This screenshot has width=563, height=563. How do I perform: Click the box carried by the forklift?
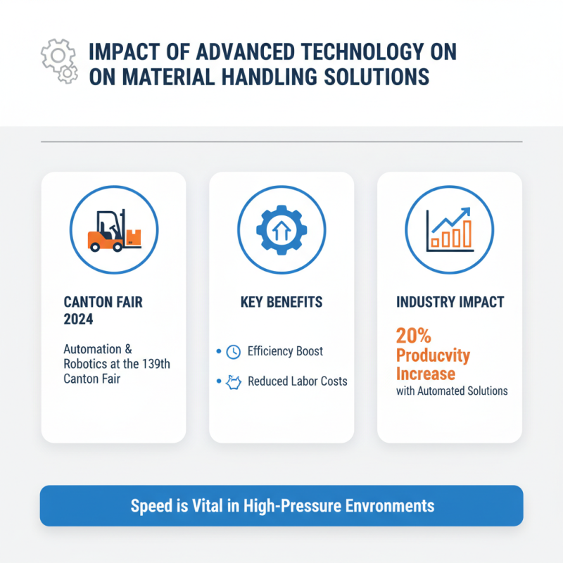(134, 237)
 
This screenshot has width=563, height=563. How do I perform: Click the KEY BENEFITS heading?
(281, 302)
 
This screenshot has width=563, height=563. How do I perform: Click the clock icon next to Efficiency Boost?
(234, 351)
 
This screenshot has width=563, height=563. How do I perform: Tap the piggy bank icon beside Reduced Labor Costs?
(234, 382)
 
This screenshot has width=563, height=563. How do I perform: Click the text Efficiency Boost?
(286, 351)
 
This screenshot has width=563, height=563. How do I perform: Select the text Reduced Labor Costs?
(298, 382)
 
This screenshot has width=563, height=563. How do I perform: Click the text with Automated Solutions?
(452, 391)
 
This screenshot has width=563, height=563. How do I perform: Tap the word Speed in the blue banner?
(149, 505)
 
